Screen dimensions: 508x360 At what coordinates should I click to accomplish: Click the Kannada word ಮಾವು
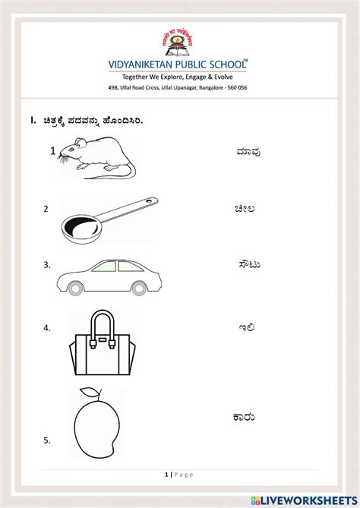(x=248, y=151)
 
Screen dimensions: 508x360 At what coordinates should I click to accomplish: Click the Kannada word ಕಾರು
(x=244, y=417)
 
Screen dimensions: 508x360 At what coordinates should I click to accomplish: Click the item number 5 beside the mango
(x=47, y=440)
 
